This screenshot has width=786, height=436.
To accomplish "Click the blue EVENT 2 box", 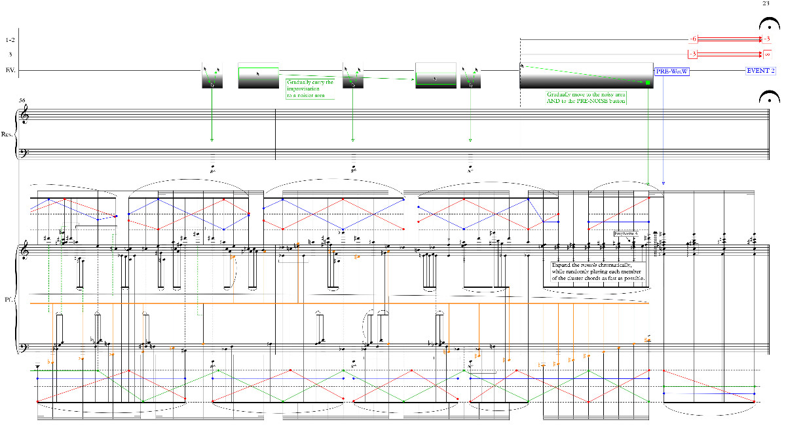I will click(760, 70).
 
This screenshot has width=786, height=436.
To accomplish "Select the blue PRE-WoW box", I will click(672, 71).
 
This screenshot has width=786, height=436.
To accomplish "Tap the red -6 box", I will click(693, 39).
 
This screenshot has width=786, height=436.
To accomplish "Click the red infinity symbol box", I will click(768, 54).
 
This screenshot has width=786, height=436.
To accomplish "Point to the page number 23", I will click(767, 4).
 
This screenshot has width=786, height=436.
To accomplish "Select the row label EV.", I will click(10, 69).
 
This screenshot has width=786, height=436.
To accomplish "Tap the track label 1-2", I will click(10, 39).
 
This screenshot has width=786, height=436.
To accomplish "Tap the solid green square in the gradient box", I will click(647, 83).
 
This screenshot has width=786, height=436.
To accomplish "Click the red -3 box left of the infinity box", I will click(693, 54).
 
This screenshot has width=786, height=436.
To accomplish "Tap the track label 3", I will click(10, 54).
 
